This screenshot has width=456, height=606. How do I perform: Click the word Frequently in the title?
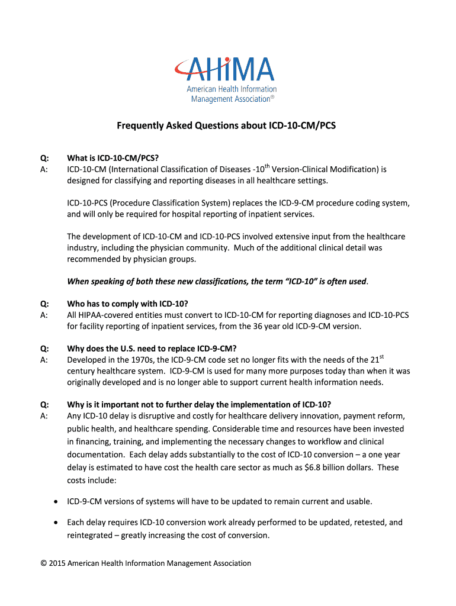139,125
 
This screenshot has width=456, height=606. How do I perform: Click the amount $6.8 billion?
347,468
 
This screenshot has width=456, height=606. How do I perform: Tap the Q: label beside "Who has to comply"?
44,304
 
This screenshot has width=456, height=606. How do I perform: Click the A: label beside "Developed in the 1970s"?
44,360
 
